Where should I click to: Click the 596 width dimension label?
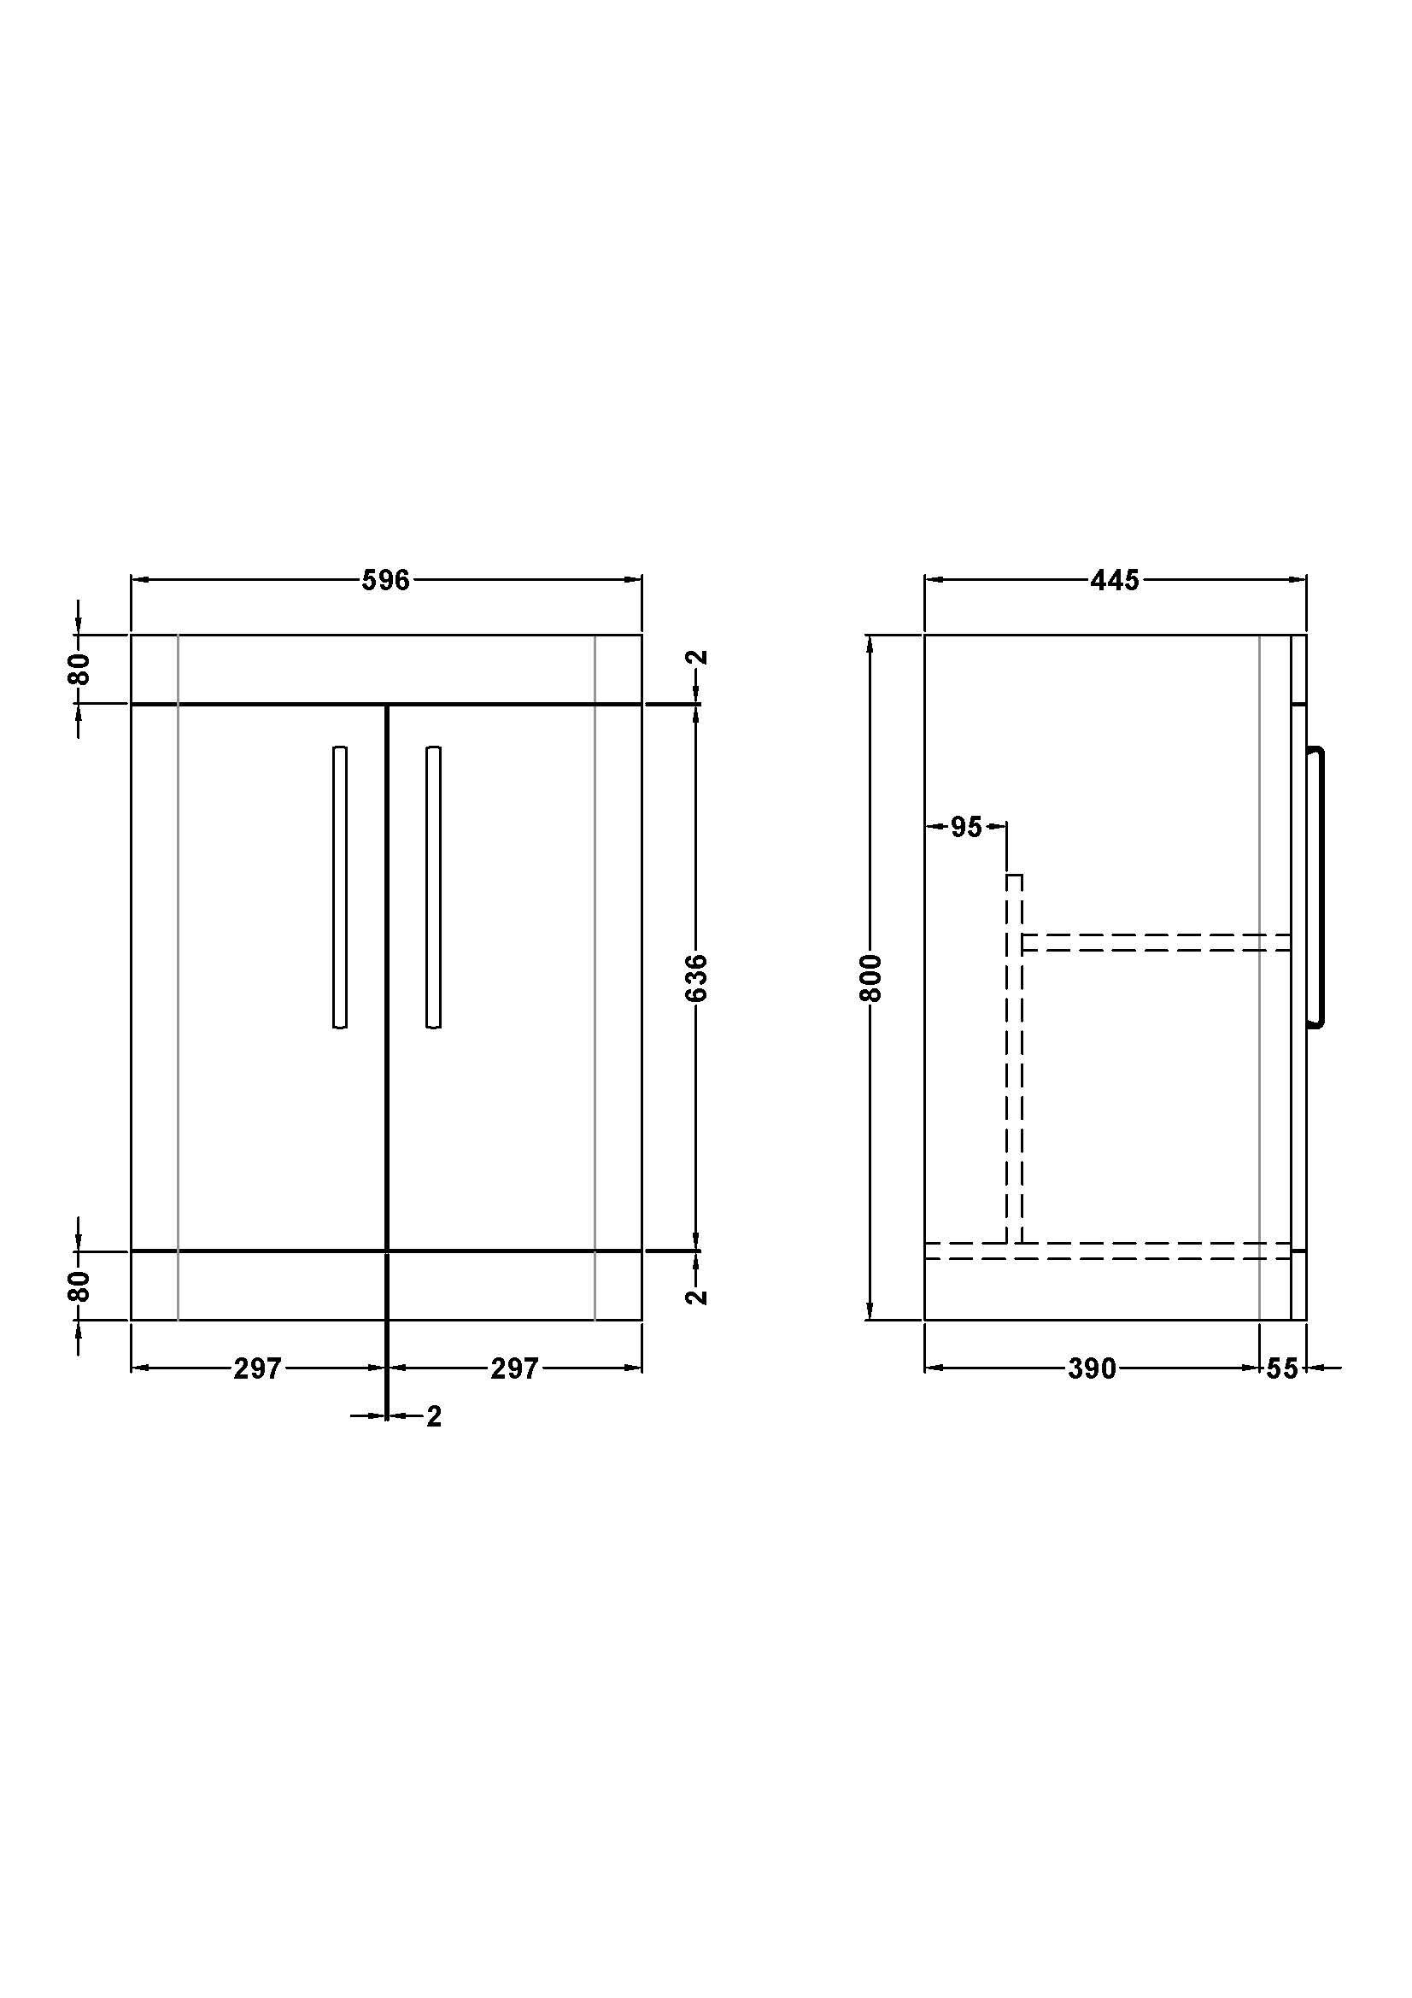[385, 580]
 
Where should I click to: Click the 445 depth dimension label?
[1115, 580]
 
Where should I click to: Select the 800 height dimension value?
[872, 977]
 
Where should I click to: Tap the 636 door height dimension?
[698, 977]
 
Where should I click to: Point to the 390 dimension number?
[1092, 1368]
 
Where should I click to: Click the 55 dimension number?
[1281, 1368]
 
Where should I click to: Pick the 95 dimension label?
[966, 828]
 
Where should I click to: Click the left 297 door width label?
[257, 1368]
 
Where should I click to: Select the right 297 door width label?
[515, 1368]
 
